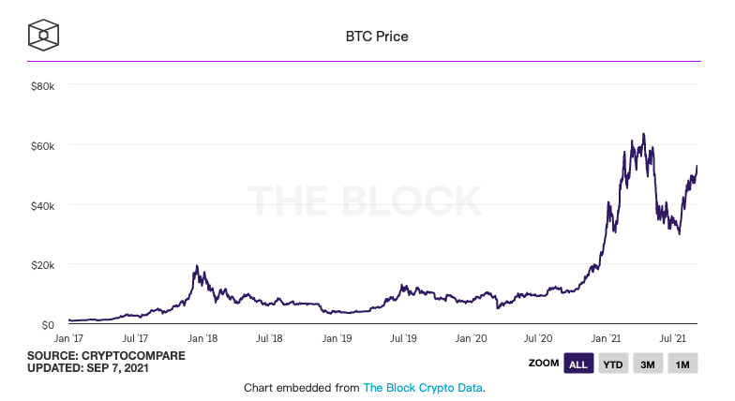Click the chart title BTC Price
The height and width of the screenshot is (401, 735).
(377, 37)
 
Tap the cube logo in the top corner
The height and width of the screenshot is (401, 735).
(44, 35)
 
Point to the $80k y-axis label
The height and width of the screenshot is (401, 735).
(44, 85)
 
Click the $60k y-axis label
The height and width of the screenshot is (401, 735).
(44, 145)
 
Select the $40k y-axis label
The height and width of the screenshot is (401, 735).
(44, 205)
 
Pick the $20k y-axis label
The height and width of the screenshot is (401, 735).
(44, 265)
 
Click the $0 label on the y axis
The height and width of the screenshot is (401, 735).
(49, 325)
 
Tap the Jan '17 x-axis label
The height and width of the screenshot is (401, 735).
(68, 338)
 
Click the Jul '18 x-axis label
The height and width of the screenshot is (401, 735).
(270, 338)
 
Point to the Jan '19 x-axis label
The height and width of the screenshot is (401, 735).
(337, 338)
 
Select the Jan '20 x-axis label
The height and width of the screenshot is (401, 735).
(472, 338)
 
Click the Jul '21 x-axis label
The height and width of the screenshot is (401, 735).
(672, 338)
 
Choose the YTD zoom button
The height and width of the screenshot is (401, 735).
(613, 364)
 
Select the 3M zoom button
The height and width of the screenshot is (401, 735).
(648, 364)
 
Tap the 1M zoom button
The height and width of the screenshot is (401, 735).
(682, 364)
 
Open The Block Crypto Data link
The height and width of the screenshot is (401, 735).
(422, 387)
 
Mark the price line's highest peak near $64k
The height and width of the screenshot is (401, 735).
(642, 134)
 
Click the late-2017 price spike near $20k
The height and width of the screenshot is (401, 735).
(196, 266)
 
